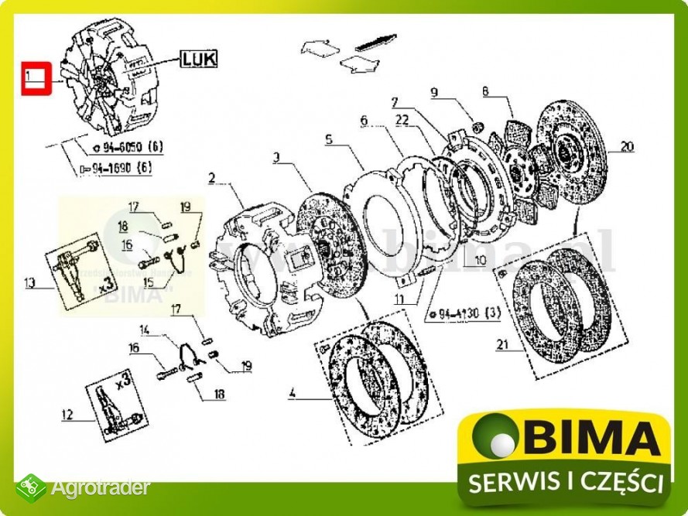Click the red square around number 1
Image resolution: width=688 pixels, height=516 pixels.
pos(34,77)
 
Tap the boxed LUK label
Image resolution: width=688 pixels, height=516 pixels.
pos(200,58)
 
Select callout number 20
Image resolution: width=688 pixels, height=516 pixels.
pos(626,145)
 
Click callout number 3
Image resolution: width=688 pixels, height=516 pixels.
pos(276,158)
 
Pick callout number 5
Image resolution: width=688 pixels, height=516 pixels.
pos(328,140)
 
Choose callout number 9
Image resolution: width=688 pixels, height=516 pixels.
pos(435,94)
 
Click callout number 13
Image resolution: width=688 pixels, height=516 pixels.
pos(30,284)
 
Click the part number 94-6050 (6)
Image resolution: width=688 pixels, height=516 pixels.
pos(128,147)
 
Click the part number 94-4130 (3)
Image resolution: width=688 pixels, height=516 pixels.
pos(465,314)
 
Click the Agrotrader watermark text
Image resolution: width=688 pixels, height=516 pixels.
pos(100,489)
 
